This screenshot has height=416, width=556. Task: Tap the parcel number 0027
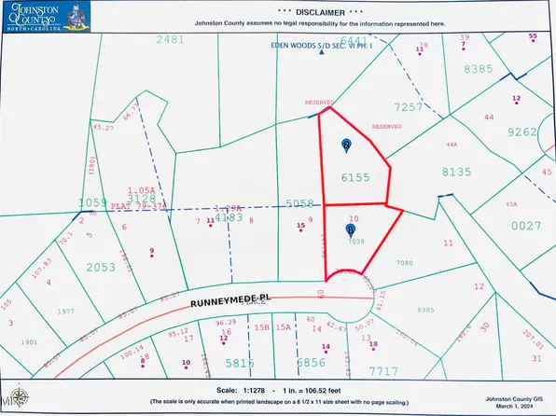pos(526,225)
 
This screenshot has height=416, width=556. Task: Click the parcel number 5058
pos(301,202)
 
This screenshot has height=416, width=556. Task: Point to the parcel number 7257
pos(417,107)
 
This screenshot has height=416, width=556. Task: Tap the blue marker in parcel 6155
pos(346,145)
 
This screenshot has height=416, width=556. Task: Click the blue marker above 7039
pos(350,229)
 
